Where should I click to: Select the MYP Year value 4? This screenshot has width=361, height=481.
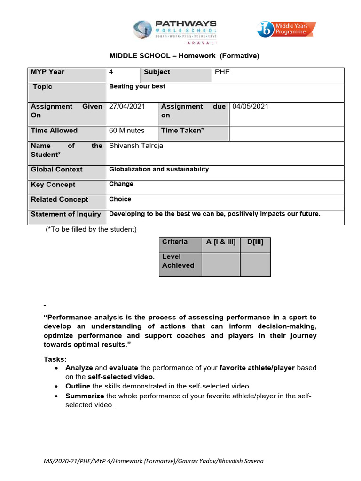coord(111,72)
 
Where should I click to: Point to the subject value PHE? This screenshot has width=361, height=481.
coord(222,72)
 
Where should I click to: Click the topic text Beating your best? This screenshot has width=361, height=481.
coord(137,87)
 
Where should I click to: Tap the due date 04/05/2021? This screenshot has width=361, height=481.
coord(251,107)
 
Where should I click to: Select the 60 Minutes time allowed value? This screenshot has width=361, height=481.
coord(127,131)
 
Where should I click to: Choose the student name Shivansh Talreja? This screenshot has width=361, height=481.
coord(136,146)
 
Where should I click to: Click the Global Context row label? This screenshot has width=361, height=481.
coord(57,170)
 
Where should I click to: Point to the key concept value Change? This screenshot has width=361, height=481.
coord(121,184)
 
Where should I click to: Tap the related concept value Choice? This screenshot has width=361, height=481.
coord(120,199)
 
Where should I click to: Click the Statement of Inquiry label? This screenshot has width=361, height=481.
coord(66,214)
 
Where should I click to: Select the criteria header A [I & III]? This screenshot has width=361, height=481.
coord(220,242)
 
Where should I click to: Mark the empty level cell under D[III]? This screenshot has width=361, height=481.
coord(255,264)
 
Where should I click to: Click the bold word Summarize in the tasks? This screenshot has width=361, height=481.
coord(85,396)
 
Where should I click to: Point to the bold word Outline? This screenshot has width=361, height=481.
coord(78,386)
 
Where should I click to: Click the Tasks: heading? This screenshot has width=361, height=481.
coord(55,359)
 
